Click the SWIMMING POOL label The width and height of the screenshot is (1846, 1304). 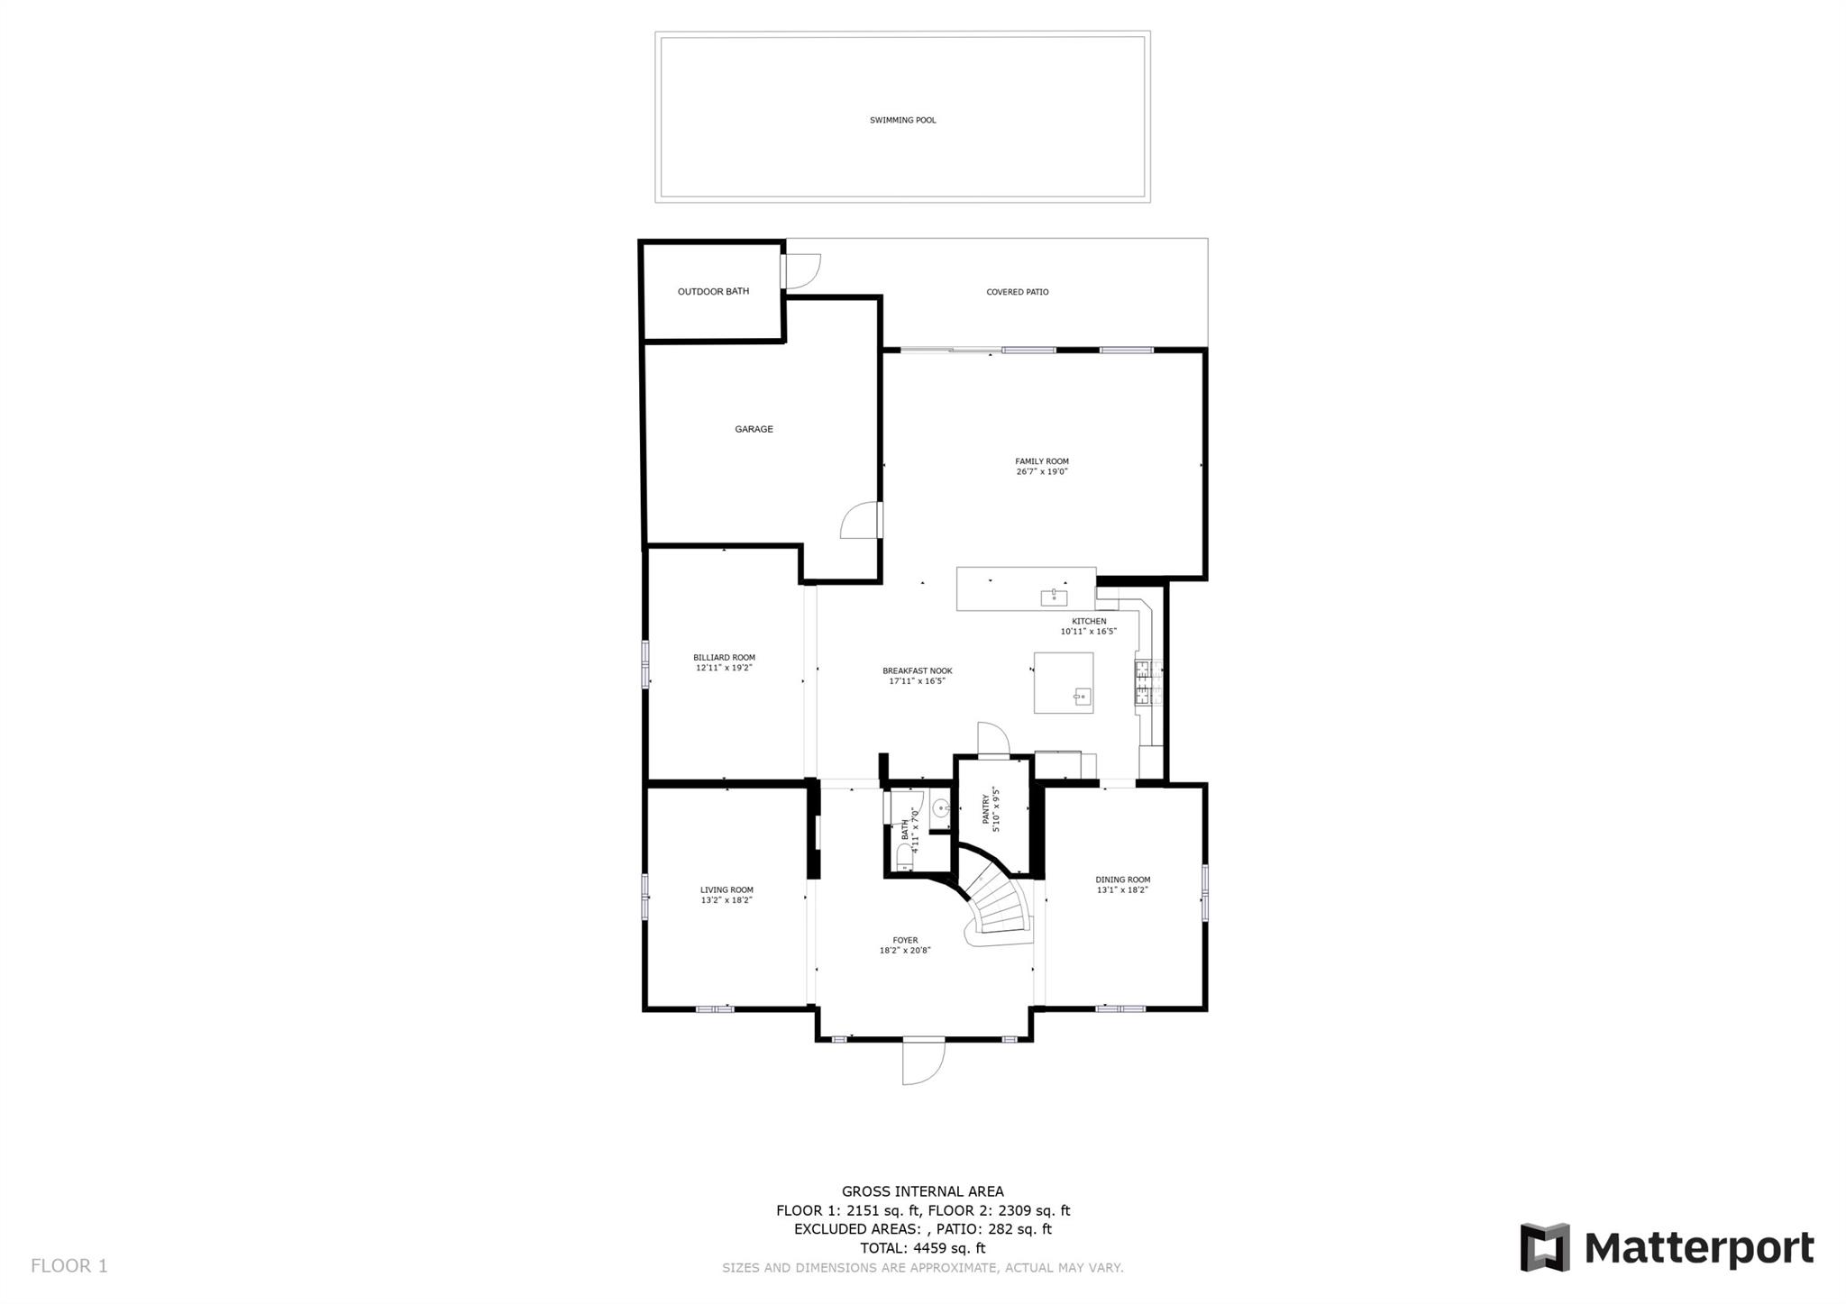[902, 120]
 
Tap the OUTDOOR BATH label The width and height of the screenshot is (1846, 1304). [713, 291]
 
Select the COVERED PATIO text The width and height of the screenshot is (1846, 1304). [1017, 292]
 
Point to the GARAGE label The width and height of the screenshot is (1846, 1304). [754, 429]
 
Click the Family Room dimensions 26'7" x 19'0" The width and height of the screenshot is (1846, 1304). [1042, 471]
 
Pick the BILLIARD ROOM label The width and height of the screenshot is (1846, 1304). [724, 658]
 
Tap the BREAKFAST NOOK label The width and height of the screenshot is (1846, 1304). [917, 670]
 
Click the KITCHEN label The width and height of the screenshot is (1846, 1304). [1089, 621]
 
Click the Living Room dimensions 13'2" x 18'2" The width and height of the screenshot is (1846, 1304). [727, 900]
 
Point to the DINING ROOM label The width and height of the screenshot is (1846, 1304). [1123, 880]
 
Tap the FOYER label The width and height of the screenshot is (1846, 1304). [905, 940]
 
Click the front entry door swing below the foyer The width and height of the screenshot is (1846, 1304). [923, 1063]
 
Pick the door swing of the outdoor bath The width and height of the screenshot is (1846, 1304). [801, 271]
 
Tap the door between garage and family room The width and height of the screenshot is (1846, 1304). [862, 520]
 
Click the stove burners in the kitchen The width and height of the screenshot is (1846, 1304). [1142, 681]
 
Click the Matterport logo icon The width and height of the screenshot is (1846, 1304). [1545, 1247]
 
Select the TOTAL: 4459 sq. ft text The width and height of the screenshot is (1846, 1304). [922, 1248]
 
